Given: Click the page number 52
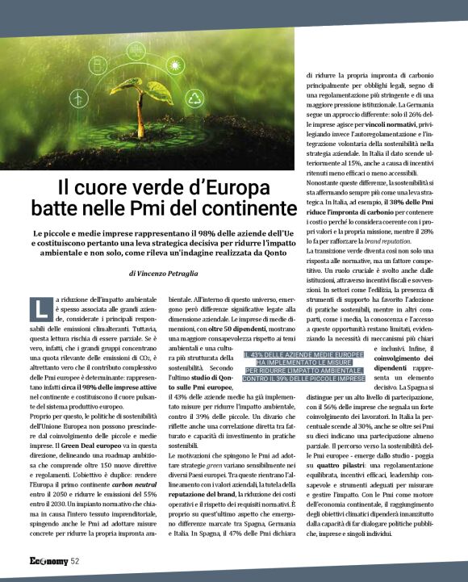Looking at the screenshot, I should pyautogui.click(x=75, y=561).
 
